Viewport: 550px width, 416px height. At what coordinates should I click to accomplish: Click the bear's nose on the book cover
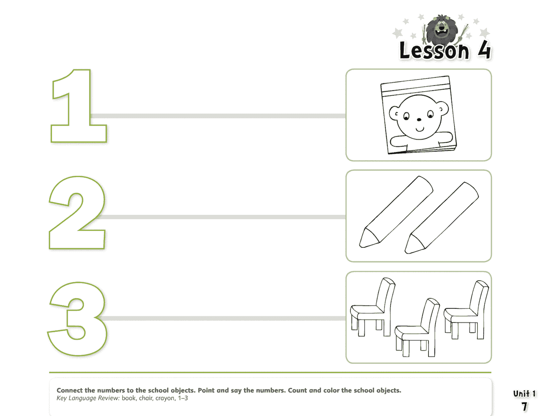coord(419,120)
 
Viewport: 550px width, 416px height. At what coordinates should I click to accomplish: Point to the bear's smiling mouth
coord(420,129)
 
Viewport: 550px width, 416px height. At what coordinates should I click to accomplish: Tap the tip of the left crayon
coord(360,246)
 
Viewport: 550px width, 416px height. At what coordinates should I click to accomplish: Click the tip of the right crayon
coord(406,252)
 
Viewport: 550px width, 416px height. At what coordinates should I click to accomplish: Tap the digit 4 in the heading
coord(484,50)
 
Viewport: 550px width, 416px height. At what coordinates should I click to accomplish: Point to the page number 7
coord(524,406)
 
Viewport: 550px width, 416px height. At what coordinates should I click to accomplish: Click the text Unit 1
coord(524,394)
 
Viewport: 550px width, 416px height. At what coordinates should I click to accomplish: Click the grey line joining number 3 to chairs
coord(223,318)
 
